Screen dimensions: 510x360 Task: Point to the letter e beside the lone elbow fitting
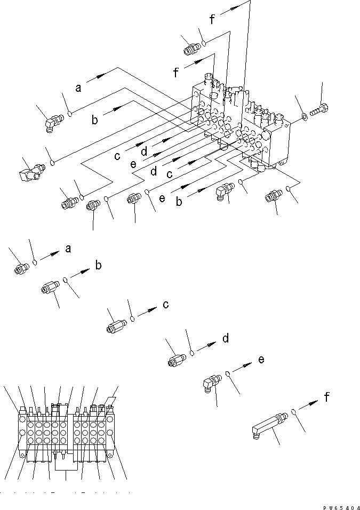pos(261,359)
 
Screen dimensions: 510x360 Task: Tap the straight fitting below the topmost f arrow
pos(190,50)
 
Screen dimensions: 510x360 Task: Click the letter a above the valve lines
pos(78,87)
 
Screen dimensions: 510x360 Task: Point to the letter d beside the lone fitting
pos(226,338)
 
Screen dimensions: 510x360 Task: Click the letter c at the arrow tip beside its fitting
pos(166,304)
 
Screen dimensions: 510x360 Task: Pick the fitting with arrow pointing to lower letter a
pos(21,268)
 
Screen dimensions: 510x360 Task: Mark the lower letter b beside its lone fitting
pos(98,265)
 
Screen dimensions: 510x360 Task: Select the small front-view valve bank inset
pos(66,432)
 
